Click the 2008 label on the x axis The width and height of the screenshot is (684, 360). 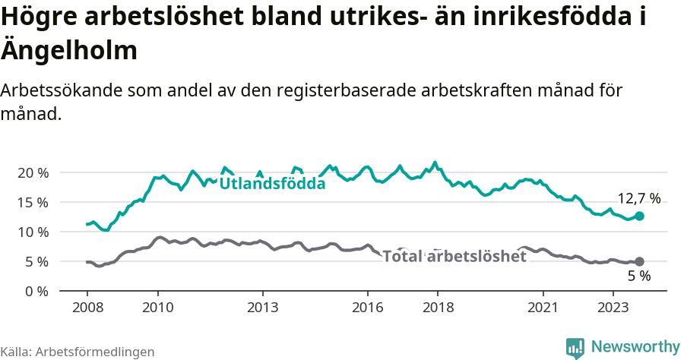pyautogui.click(x=87, y=308)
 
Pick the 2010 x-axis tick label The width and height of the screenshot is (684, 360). pyautogui.click(x=157, y=308)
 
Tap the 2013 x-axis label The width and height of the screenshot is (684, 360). pyautogui.click(x=262, y=308)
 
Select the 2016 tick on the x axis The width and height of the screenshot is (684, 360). pyautogui.click(x=368, y=308)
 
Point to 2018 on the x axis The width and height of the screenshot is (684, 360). pyautogui.click(x=438, y=308)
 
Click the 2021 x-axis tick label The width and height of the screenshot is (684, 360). pyautogui.click(x=543, y=308)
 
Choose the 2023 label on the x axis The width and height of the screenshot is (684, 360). pyautogui.click(x=613, y=308)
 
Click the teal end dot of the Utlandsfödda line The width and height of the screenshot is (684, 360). pyautogui.click(x=639, y=216)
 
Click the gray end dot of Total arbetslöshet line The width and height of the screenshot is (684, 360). pyautogui.click(x=639, y=261)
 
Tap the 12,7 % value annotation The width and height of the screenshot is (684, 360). pyautogui.click(x=638, y=198)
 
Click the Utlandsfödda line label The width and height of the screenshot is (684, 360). pyautogui.click(x=272, y=184)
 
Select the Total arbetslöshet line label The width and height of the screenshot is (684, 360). pyautogui.click(x=454, y=257)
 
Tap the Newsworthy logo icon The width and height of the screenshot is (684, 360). pyautogui.click(x=575, y=347)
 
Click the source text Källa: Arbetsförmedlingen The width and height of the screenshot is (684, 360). pyautogui.click(x=78, y=352)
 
